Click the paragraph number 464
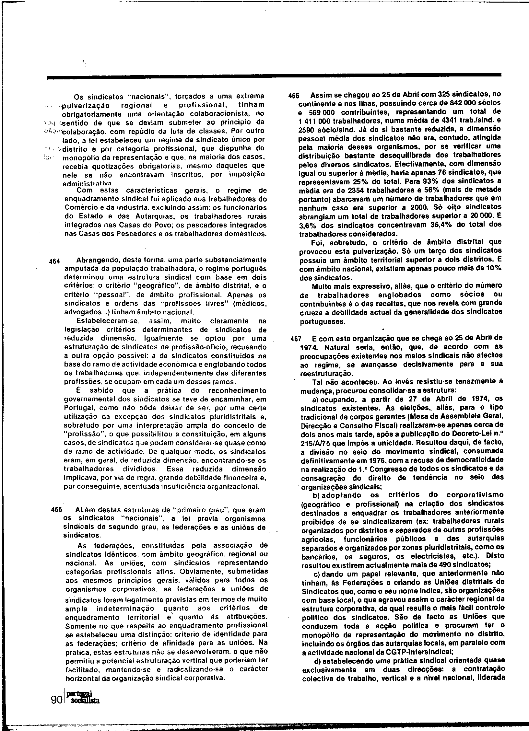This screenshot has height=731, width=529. [x=54, y=262]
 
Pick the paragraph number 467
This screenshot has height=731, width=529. [x=296, y=339]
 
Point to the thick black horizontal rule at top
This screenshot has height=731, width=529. [x=274, y=77]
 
